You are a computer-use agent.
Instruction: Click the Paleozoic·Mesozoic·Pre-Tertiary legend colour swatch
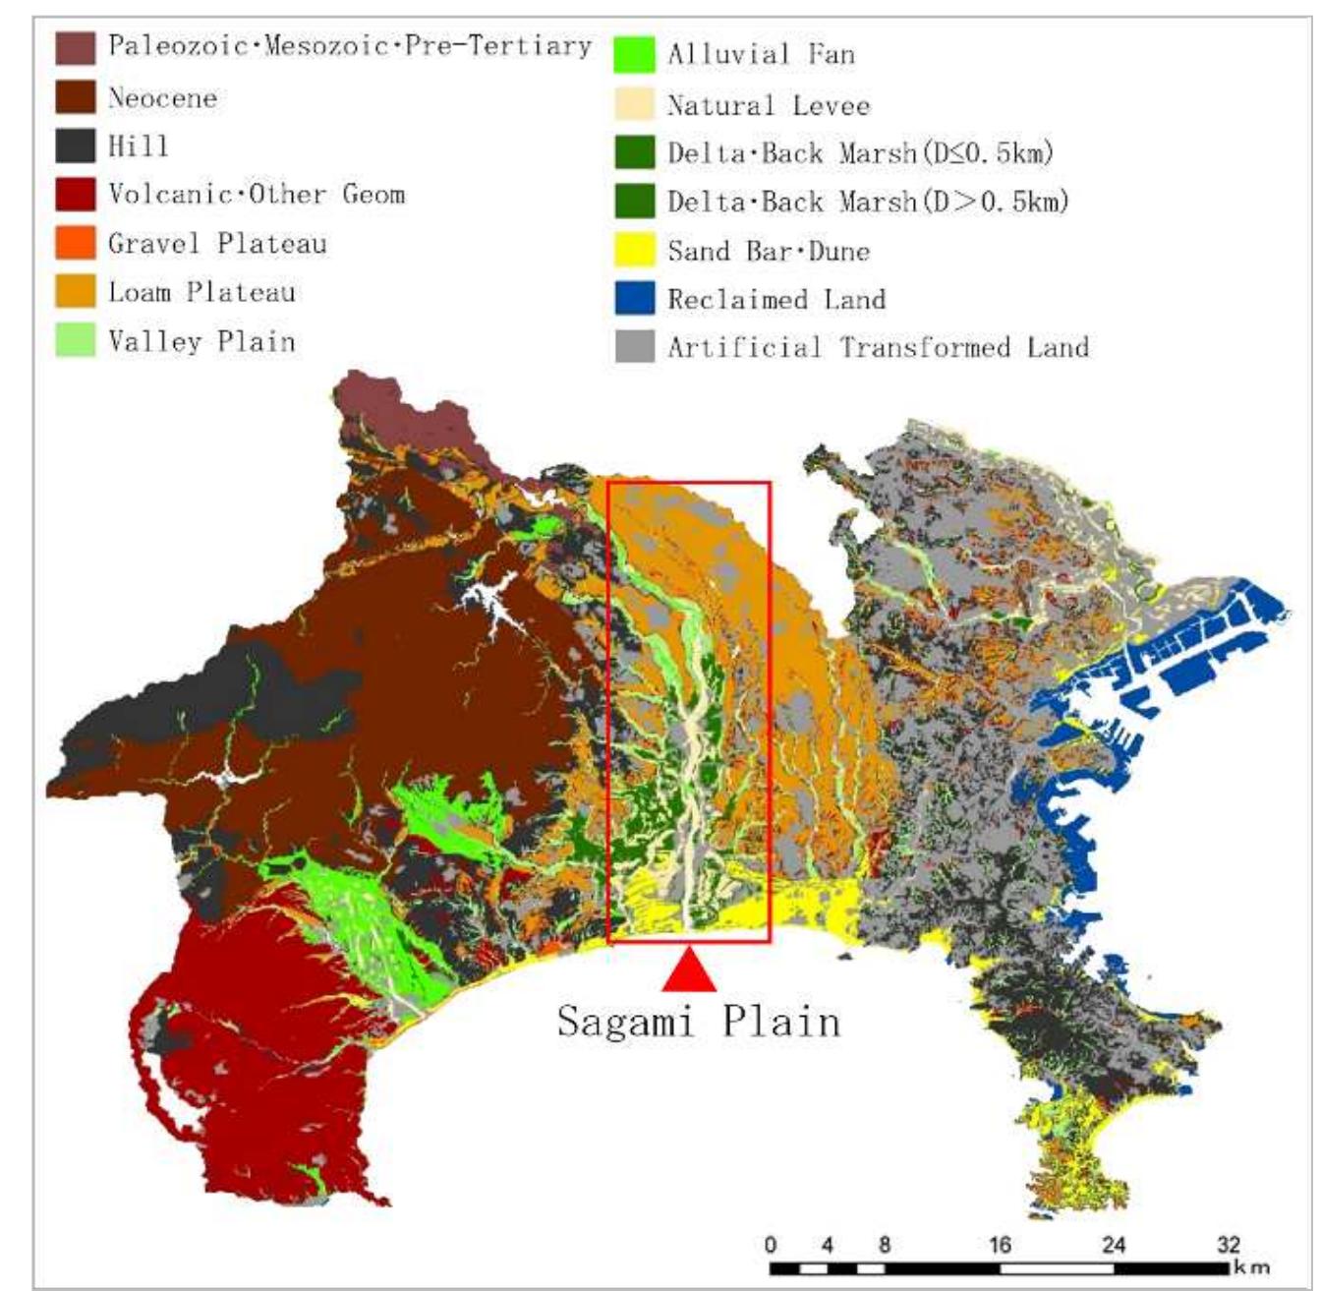(x=75, y=47)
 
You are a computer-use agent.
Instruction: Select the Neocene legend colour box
(x=75, y=97)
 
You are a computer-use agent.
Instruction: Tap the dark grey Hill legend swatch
(x=75, y=146)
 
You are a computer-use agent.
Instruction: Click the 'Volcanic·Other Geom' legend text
(x=257, y=194)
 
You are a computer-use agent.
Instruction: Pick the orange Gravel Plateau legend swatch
(x=75, y=243)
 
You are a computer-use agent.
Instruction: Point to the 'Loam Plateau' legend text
(x=201, y=292)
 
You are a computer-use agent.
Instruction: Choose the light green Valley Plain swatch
(x=75, y=341)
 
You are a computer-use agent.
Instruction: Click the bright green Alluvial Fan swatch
(x=635, y=54)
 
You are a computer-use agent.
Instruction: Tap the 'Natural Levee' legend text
(x=769, y=105)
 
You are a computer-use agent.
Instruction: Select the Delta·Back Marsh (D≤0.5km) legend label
(x=861, y=153)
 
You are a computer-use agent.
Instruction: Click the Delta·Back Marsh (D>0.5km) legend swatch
(x=635, y=202)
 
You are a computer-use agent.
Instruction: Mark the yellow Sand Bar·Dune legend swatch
(x=635, y=251)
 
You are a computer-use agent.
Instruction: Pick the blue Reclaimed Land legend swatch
(x=635, y=299)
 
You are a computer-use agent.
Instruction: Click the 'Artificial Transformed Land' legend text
(x=878, y=347)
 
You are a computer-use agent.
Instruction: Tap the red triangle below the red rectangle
(x=690, y=971)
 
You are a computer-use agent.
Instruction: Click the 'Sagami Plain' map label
(x=699, y=1022)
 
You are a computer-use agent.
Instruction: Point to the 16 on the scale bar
(x=1000, y=1245)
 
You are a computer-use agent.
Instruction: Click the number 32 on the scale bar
(x=1229, y=1245)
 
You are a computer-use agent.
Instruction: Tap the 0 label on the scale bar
(x=770, y=1245)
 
